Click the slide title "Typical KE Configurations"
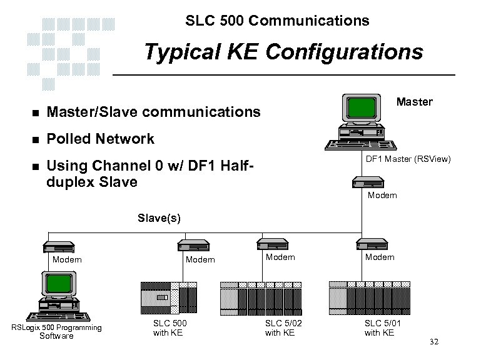(x=283, y=52)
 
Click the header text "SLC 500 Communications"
(x=277, y=21)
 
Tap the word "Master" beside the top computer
(x=415, y=101)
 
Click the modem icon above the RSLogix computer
(x=58, y=244)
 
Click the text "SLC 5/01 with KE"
(x=380, y=327)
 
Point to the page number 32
(x=435, y=343)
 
